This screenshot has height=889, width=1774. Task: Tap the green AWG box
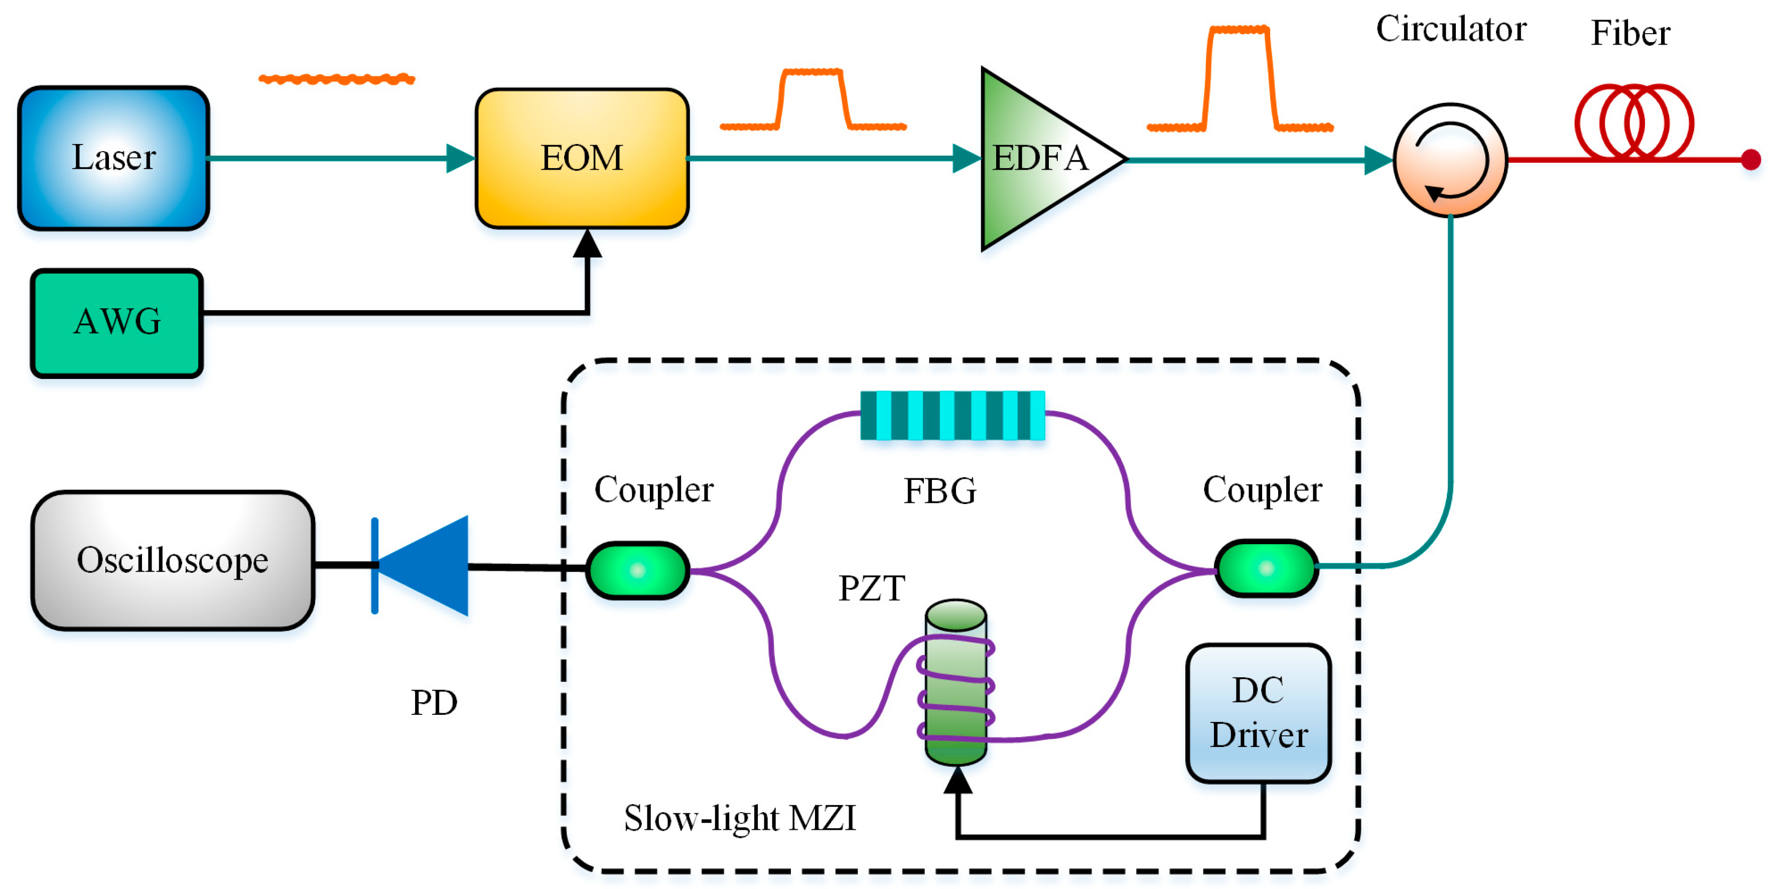[116, 323]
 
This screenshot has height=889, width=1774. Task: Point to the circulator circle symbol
[1450, 160]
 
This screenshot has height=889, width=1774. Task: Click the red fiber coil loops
[1634, 122]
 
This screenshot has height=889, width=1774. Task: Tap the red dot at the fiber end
[1750, 160]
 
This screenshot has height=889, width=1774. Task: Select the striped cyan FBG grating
[952, 415]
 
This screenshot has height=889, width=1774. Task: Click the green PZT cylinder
[956, 682]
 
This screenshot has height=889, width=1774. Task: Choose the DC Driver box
[1258, 713]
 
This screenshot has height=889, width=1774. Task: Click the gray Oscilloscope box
[173, 560]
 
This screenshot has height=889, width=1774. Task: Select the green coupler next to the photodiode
[637, 570]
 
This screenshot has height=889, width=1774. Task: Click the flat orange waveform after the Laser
[337, 79]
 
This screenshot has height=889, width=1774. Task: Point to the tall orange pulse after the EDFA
[1240, 78]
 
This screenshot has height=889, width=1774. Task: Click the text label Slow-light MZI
[740, 818]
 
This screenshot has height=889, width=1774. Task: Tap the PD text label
[434, 702]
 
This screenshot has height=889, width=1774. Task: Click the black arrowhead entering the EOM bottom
[588, 243]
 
